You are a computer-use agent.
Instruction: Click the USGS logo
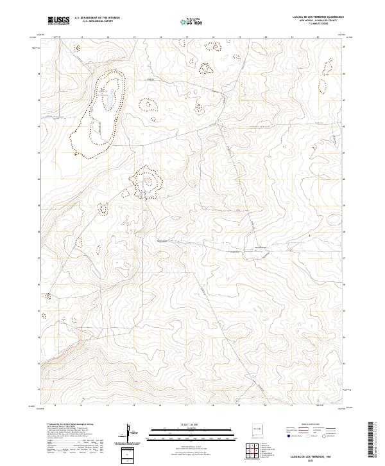[58, 21]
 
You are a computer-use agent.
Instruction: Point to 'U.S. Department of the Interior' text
[97, 18]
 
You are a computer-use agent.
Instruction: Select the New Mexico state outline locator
[259, 427]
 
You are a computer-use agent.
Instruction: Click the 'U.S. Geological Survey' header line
[97, 21]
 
